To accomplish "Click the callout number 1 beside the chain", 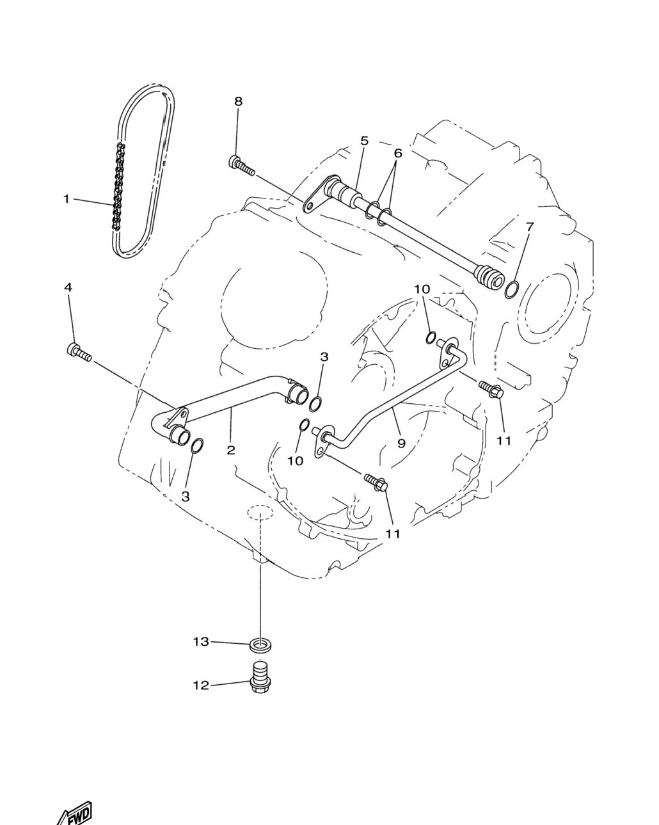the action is pos(67,199).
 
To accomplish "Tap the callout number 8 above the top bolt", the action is pos(239,102).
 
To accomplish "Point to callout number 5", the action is pos(364,141).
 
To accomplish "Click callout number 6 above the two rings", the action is pos(398,154).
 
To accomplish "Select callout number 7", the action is pos(529,227).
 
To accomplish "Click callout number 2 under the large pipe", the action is pos(231,450).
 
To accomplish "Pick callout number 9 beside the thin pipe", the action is pos(401,443).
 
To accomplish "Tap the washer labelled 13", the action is pos(260,645).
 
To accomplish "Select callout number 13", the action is pos(201,641).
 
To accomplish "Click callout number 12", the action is pos(201,685).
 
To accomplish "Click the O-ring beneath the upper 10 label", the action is pos(431,337).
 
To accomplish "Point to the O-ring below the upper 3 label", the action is pos(315,404).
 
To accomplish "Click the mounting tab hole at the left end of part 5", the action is pos(309,207).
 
